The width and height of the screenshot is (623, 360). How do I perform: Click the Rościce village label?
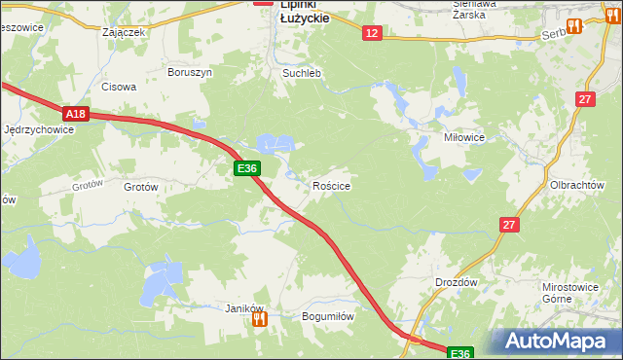pos(331,185)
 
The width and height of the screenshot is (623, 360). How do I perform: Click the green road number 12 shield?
pos(372,33)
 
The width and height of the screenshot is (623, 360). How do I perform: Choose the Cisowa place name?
pos(120,86)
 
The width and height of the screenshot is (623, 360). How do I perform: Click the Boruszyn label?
pos(190,72)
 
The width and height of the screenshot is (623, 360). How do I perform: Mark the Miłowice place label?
pos(464,138)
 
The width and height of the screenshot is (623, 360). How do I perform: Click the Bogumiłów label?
pos(327,316)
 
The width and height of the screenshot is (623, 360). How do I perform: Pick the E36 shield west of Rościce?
pos(247,169)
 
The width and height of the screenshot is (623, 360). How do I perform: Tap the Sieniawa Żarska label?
pos(475,10)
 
